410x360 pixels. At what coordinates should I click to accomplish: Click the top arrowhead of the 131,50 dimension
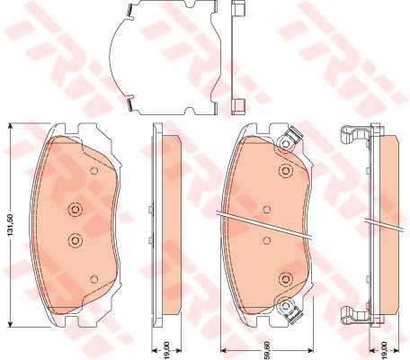(11, 126)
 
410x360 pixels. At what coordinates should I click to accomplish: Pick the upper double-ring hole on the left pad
(75, 209)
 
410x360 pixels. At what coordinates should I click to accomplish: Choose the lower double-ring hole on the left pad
(75, 239)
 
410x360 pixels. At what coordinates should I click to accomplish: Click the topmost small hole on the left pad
(94, 171)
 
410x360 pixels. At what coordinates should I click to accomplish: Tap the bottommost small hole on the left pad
(94, 279)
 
